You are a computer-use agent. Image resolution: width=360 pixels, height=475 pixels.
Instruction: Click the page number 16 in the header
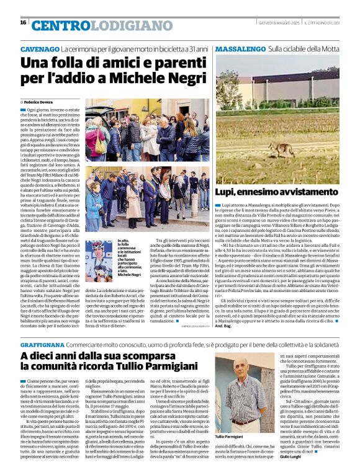[23, 22]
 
